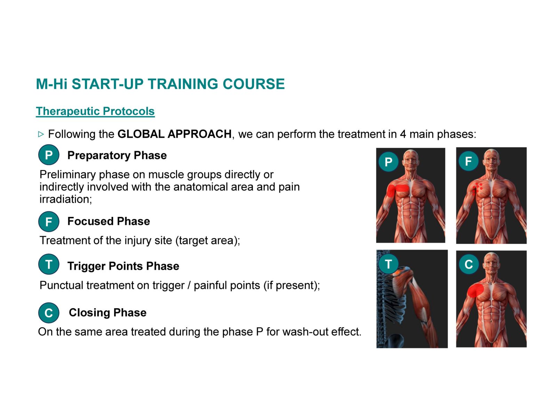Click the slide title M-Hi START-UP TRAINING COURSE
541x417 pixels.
[x=160, y=84]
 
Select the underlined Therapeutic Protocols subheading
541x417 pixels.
[x=95, y=111]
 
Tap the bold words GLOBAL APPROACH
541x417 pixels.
[x=175, y=134]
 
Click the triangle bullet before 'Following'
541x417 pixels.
[x=41, y=134]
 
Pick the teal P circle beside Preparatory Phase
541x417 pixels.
[x=49, y=155]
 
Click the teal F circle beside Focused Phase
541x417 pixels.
[x=49, y=221]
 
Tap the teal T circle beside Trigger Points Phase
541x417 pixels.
[x=49, y=264]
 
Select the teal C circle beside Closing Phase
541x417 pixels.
[x=49, y=312]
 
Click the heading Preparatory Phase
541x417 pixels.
[x=117, y=156]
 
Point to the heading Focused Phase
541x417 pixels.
[x=109, y=221]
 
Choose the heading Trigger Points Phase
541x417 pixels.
[x=123, y=266]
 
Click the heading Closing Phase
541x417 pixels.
[x=108, y=313]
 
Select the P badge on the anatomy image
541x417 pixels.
[x=388, y=162]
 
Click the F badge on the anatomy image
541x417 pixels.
[x=468, y=161]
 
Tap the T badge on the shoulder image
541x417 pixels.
[x=388, y=264]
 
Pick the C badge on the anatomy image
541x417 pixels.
[x=469, y=264]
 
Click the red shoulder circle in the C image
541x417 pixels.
[x=475, y=291]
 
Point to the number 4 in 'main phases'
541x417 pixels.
[x=403, y=134]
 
